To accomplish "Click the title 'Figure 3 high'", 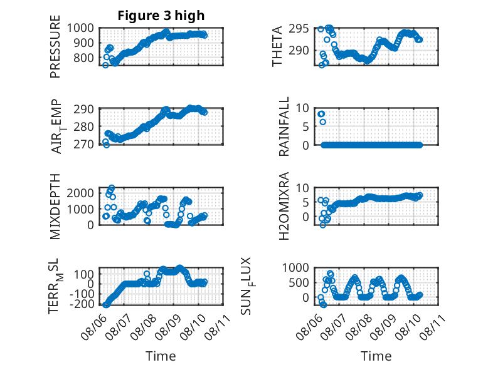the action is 161,16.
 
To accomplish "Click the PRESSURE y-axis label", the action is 55,46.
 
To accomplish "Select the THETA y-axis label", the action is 277,46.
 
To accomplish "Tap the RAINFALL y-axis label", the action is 284,126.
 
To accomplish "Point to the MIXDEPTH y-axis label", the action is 55,207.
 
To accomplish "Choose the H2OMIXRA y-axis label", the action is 284,206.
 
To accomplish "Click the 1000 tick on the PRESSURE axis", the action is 80,28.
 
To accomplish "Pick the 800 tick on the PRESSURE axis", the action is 83,58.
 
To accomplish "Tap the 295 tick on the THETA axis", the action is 299,29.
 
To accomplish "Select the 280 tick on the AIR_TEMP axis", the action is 83,126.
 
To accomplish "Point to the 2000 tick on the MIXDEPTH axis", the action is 80,193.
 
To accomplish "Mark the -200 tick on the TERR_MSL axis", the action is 82,304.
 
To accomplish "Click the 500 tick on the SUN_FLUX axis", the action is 299,282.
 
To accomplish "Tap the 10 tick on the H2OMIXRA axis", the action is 302,188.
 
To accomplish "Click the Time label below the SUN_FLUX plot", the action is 376,356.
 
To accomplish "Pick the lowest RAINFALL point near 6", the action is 323,122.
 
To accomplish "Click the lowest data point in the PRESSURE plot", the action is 105,65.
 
